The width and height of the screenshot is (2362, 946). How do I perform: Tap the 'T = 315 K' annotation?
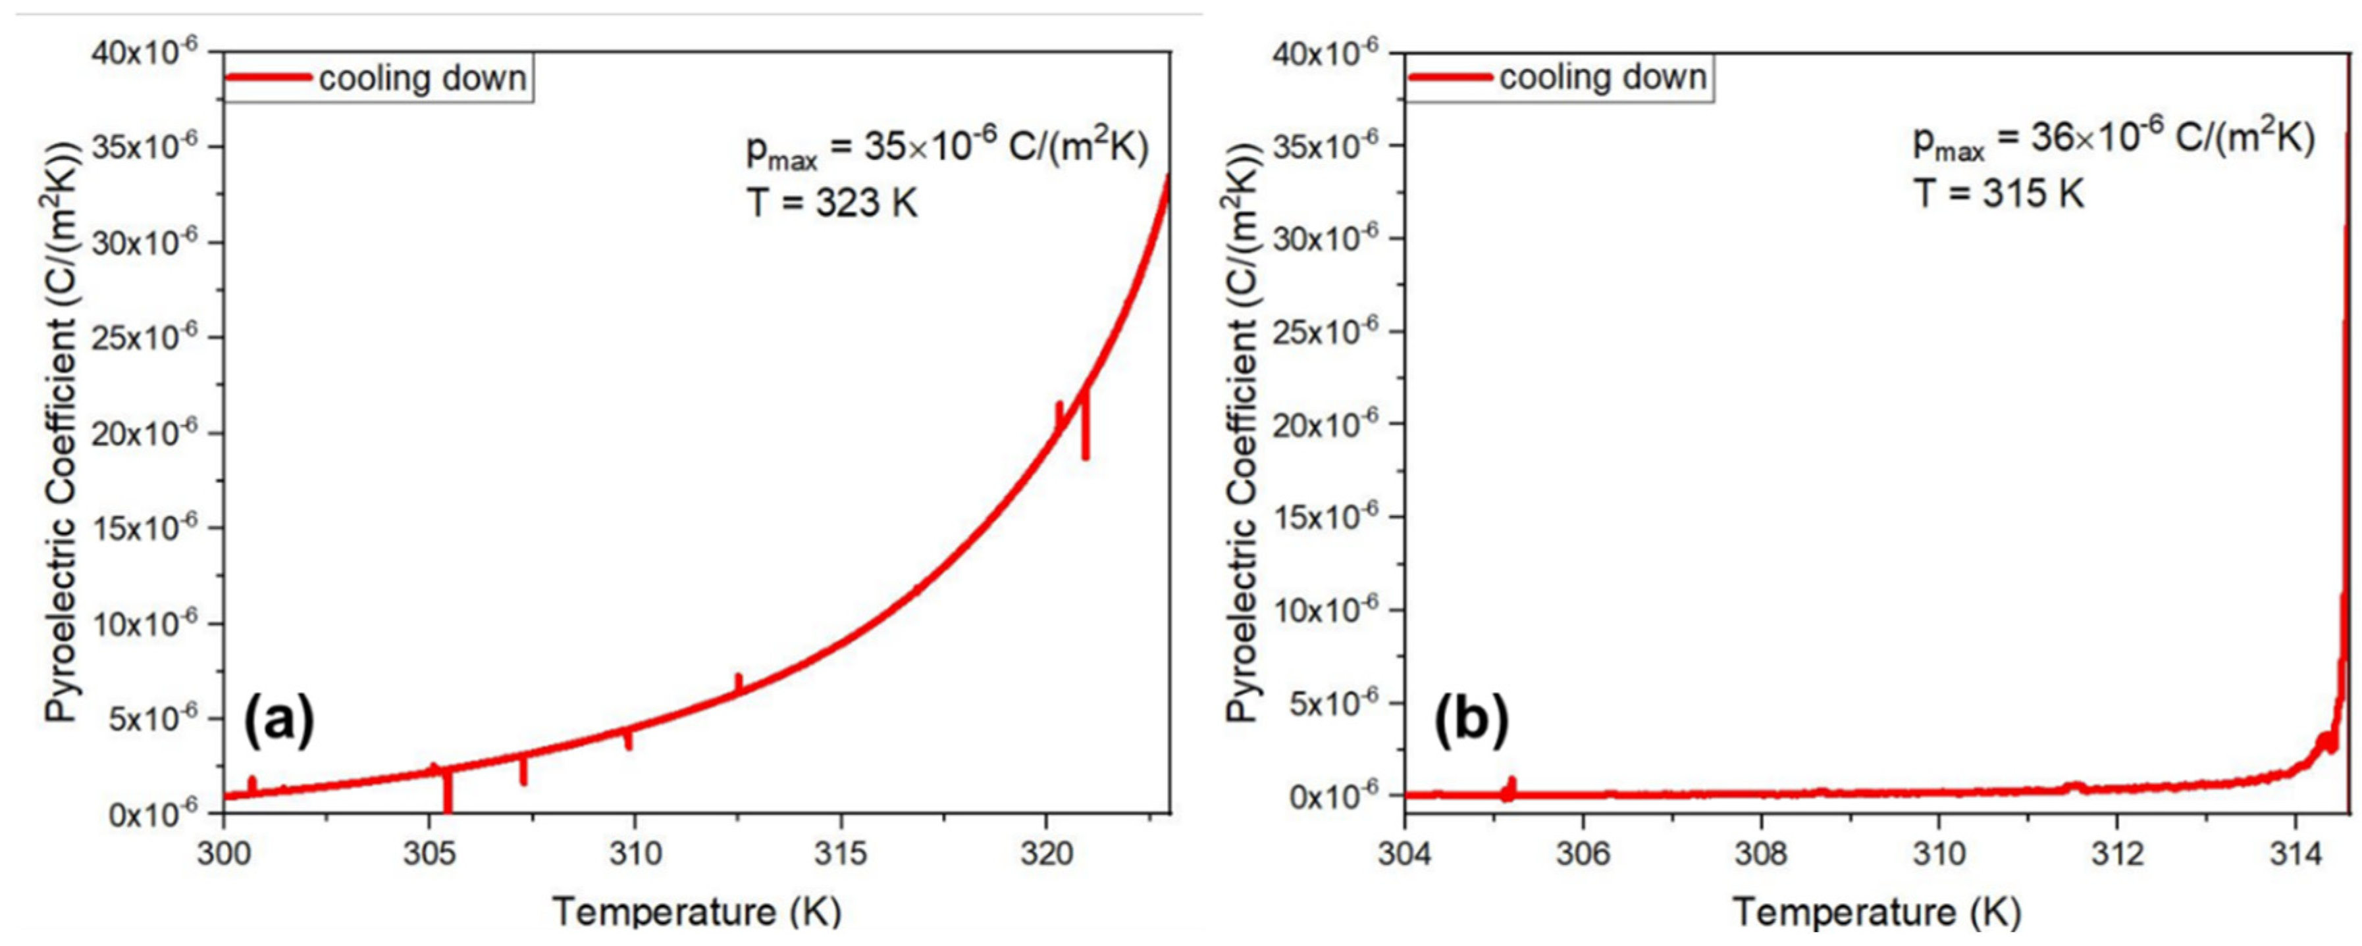[1999, 193]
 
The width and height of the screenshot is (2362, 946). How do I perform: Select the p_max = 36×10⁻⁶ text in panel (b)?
[2114, 142]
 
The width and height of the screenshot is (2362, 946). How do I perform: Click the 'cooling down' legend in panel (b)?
[1559, 77]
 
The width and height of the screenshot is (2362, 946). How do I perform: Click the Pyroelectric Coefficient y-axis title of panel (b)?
[1244, 431]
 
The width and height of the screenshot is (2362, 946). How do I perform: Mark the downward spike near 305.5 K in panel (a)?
[448, 793]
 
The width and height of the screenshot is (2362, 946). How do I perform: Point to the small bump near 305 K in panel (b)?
[1510, 787]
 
